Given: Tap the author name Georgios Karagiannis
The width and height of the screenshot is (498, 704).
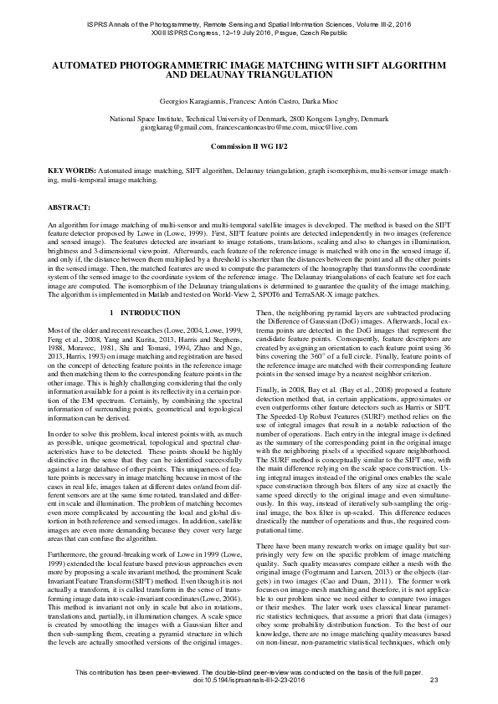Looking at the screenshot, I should click(x=196, y=100).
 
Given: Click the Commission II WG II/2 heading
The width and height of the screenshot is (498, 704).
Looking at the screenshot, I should click(x=249, y=146).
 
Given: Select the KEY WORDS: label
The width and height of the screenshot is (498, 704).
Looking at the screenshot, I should click(x=71, y=170).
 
